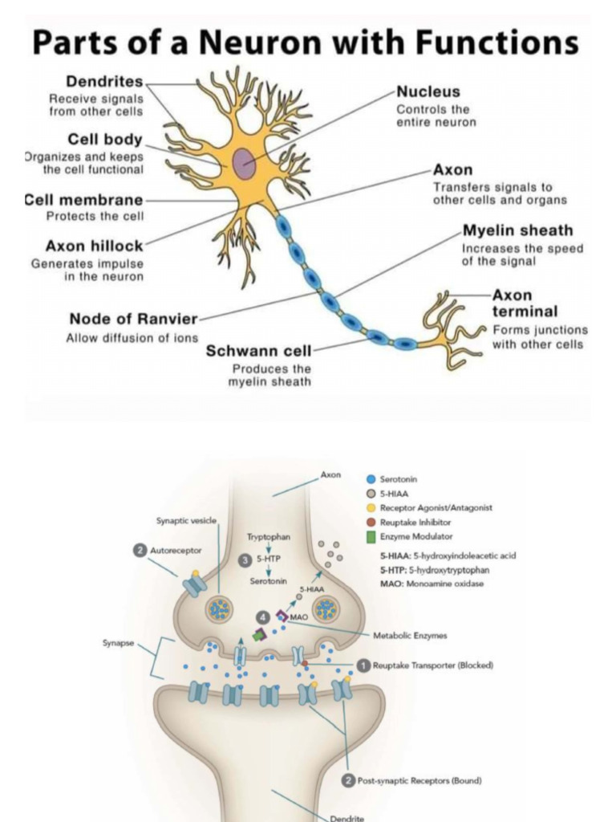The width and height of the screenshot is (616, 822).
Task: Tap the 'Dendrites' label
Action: (x=104, y=81)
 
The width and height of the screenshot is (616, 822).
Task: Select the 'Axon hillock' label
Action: (x=94, y=246)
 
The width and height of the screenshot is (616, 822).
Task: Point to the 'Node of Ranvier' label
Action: (x=132, y=319)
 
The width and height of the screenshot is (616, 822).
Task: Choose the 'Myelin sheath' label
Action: (x=517, y=230)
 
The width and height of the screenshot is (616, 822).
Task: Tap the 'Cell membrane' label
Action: (x=84, y=199)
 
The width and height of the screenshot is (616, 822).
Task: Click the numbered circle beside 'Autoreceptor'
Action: (x=140, y=551)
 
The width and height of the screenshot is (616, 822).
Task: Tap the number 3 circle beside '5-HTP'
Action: (x=246, y=560)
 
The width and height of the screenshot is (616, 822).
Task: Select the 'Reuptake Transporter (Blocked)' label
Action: (x=432, y=665)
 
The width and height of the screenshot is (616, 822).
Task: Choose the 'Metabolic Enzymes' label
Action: (x=410, y=635)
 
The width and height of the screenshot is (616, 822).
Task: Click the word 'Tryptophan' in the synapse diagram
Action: (x=269, y=536)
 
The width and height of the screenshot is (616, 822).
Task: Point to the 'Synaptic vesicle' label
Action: (x=186, y=521)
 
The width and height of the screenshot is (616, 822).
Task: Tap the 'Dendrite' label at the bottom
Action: (x=347, y=818)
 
